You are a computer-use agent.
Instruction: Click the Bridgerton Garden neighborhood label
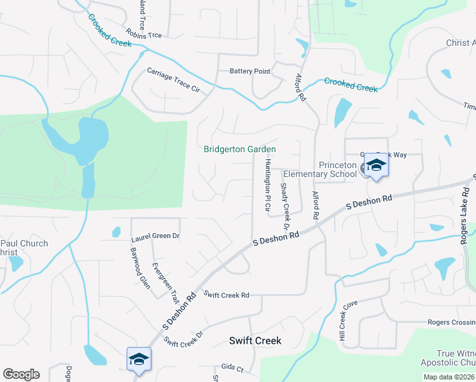[239, 150]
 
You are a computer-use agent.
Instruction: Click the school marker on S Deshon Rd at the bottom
[139, 360]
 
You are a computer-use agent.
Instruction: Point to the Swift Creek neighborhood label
[255, 341]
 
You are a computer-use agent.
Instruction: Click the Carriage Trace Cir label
[173, 80]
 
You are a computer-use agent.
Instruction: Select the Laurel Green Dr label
[155, 236]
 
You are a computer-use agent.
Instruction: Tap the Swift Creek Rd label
[226, 295]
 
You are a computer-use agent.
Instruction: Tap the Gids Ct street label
[232, 368]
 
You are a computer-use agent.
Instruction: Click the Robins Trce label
[144, 34]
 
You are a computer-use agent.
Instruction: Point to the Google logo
[21, 374]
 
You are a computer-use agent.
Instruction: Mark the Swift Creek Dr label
[183, 338]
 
